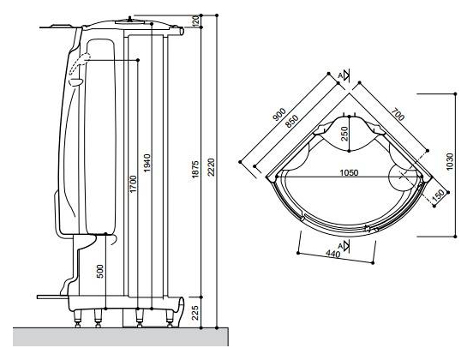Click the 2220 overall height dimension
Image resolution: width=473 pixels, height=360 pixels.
[211, 167]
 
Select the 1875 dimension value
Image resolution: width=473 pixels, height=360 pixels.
[195, 169]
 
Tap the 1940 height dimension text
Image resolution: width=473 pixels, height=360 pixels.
[147, 163]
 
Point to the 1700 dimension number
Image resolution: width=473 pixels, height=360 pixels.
[134, 183]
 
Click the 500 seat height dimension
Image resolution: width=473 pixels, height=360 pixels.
[101, 271]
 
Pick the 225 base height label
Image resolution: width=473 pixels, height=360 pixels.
[195, 313]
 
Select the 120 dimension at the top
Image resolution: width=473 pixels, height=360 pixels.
[195, 21]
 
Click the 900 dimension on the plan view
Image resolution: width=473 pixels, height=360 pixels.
[279, 114]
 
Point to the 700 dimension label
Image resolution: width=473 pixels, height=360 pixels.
[398, 114]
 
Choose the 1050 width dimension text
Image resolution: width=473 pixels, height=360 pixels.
[349, 172]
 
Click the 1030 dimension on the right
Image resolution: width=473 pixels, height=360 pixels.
[450, 162]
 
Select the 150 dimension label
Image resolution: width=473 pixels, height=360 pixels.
[438, 195]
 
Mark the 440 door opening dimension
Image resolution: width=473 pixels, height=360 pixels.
[333, 254]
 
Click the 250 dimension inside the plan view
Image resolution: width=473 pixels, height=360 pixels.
[344, 134]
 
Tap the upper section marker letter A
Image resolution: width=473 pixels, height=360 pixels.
[340, 75]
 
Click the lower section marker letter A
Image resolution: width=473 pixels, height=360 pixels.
[340, 246]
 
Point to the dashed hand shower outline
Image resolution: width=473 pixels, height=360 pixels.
[80, 64]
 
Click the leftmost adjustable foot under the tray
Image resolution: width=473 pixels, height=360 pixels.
[77, 318]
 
